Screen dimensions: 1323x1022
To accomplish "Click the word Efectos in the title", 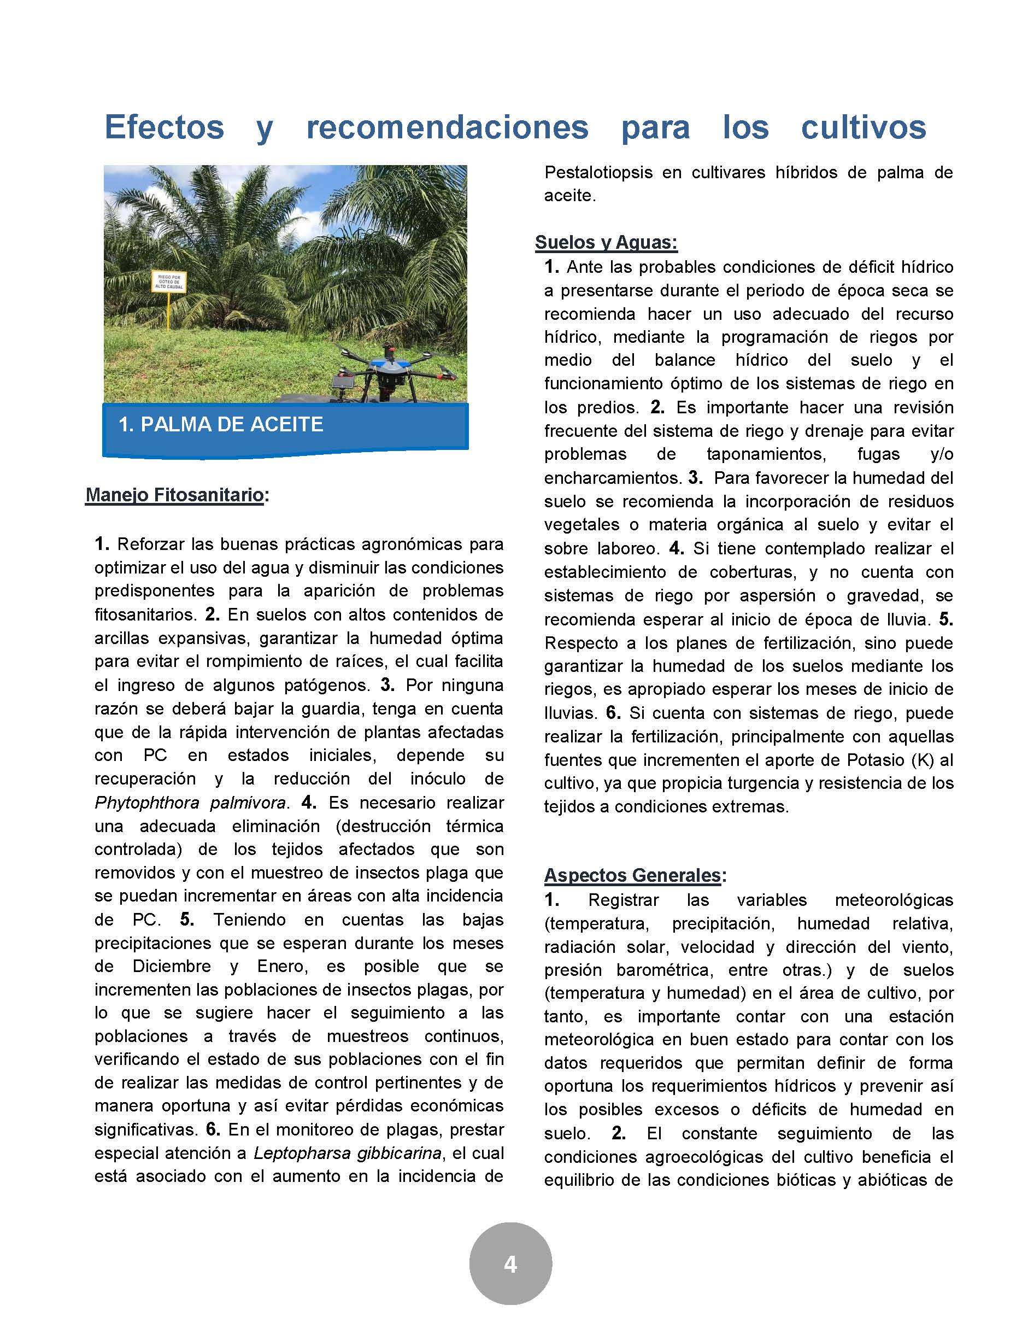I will [164, 127].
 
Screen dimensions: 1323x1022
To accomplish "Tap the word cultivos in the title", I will [864, 127].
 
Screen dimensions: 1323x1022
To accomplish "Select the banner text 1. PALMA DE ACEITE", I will [221, 424].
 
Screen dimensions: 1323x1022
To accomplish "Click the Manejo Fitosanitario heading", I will [174, 495].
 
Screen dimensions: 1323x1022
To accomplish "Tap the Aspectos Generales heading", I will [632, 875].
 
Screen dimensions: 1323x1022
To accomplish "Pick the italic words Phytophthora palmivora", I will [190, 803].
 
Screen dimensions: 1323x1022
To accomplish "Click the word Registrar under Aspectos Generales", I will [623, 900].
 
